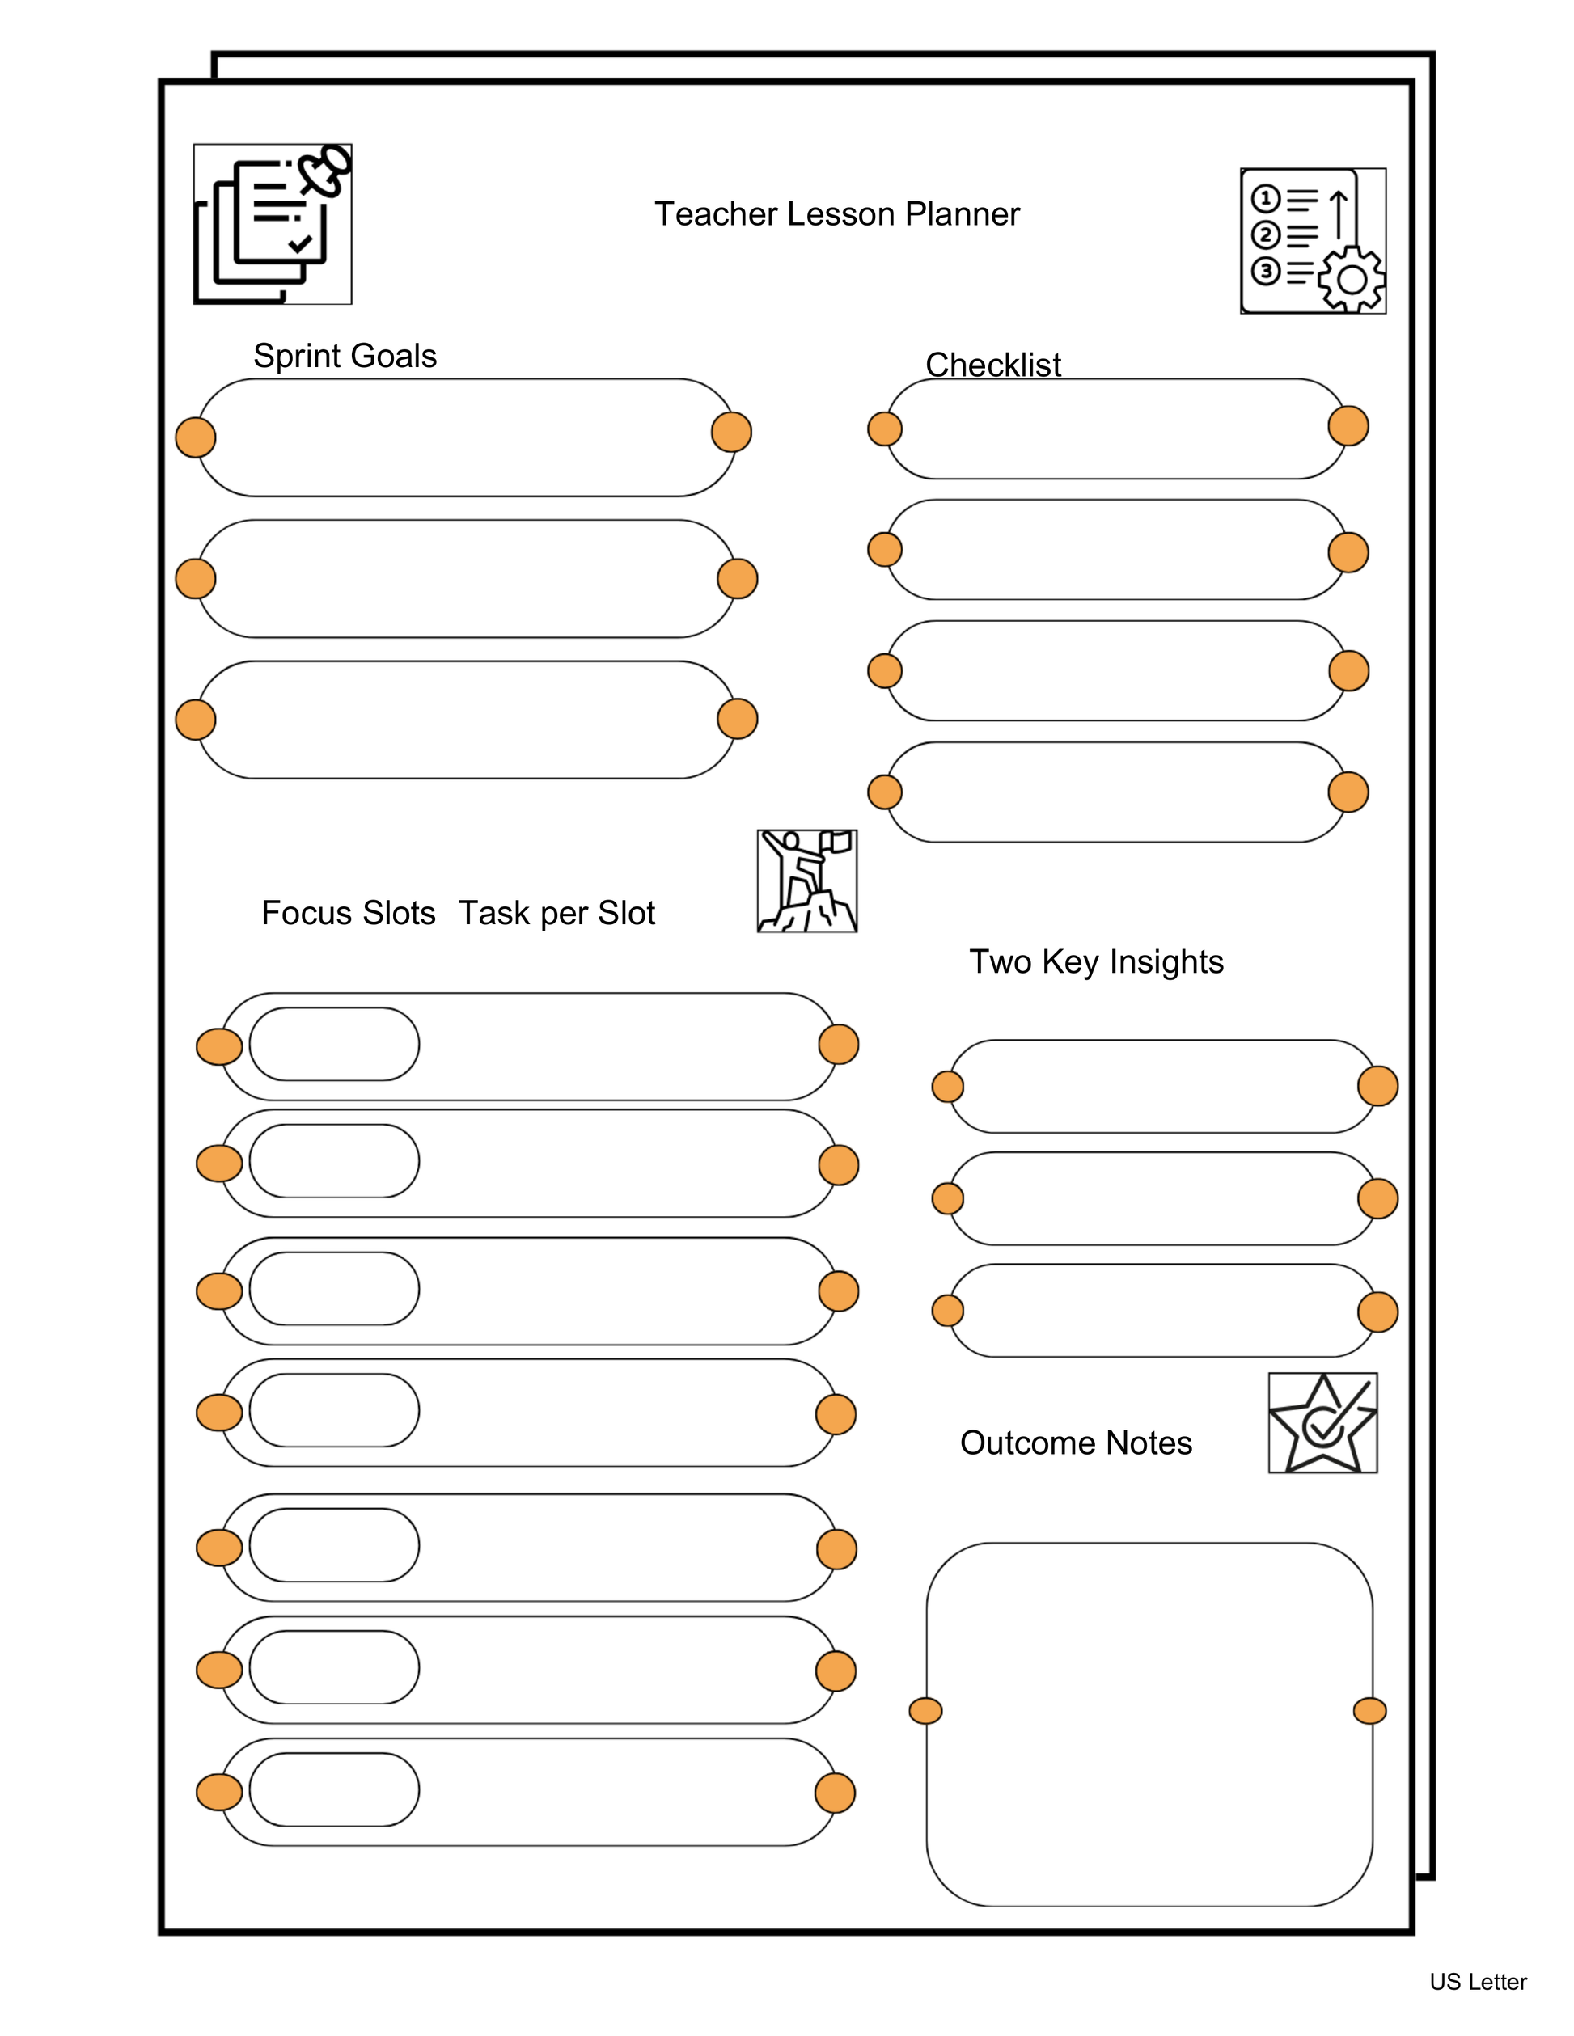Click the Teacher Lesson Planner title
836,214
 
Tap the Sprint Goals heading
345,356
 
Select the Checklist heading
993,365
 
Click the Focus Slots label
348,913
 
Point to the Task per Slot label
556,913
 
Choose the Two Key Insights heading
1096,961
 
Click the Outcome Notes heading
1076,1443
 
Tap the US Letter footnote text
1478,1982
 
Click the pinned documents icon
273,224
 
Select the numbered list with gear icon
1313,240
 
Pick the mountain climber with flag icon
806,881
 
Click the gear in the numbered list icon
1351,279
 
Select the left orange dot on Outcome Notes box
925,1711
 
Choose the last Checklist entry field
1116,792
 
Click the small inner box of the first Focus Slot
334,1044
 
